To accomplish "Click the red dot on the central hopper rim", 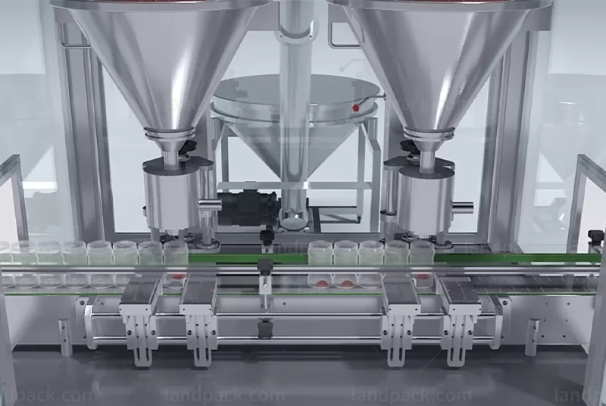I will [x=355, y=108].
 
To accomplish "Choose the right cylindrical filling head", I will [x=425, y=198].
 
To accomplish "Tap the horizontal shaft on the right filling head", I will [x=462, y=205].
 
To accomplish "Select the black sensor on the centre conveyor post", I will [x=266, y=266].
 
